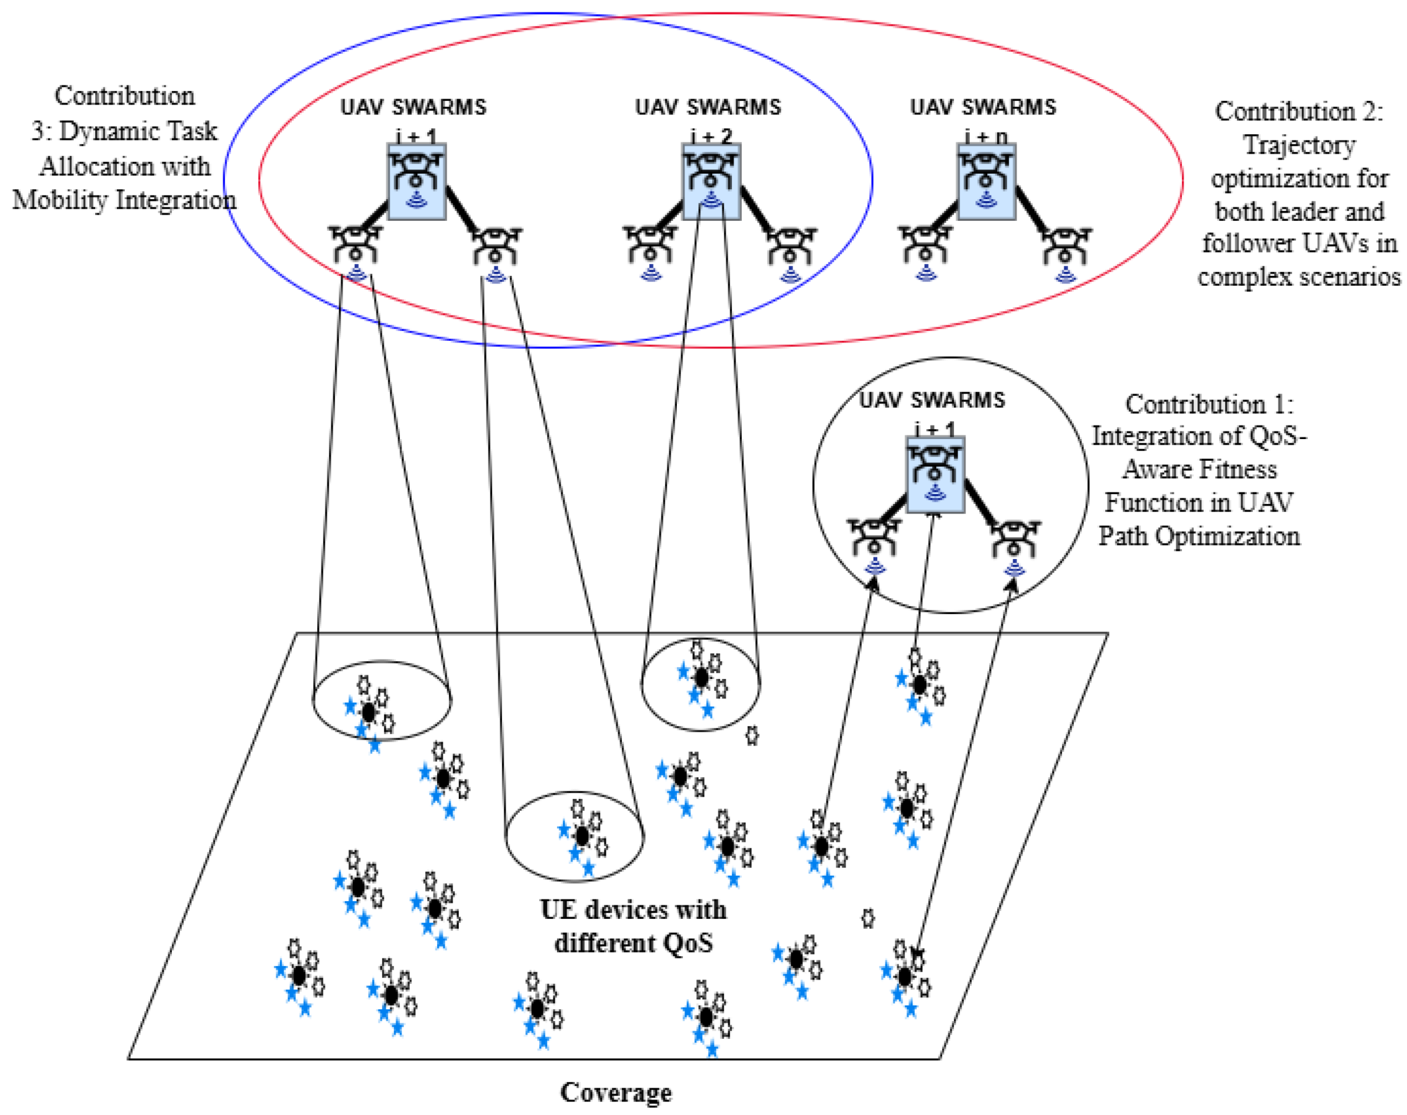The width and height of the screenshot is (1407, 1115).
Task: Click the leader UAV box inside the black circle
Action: pos(935,474)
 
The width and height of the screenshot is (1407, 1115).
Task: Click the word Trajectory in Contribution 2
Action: pos(1299,145)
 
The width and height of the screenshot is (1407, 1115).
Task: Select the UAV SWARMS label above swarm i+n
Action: pos(983,107)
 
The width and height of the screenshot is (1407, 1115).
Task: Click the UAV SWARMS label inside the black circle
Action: pos(932,400)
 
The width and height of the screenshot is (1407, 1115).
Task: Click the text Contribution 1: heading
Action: pos(1209,404)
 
